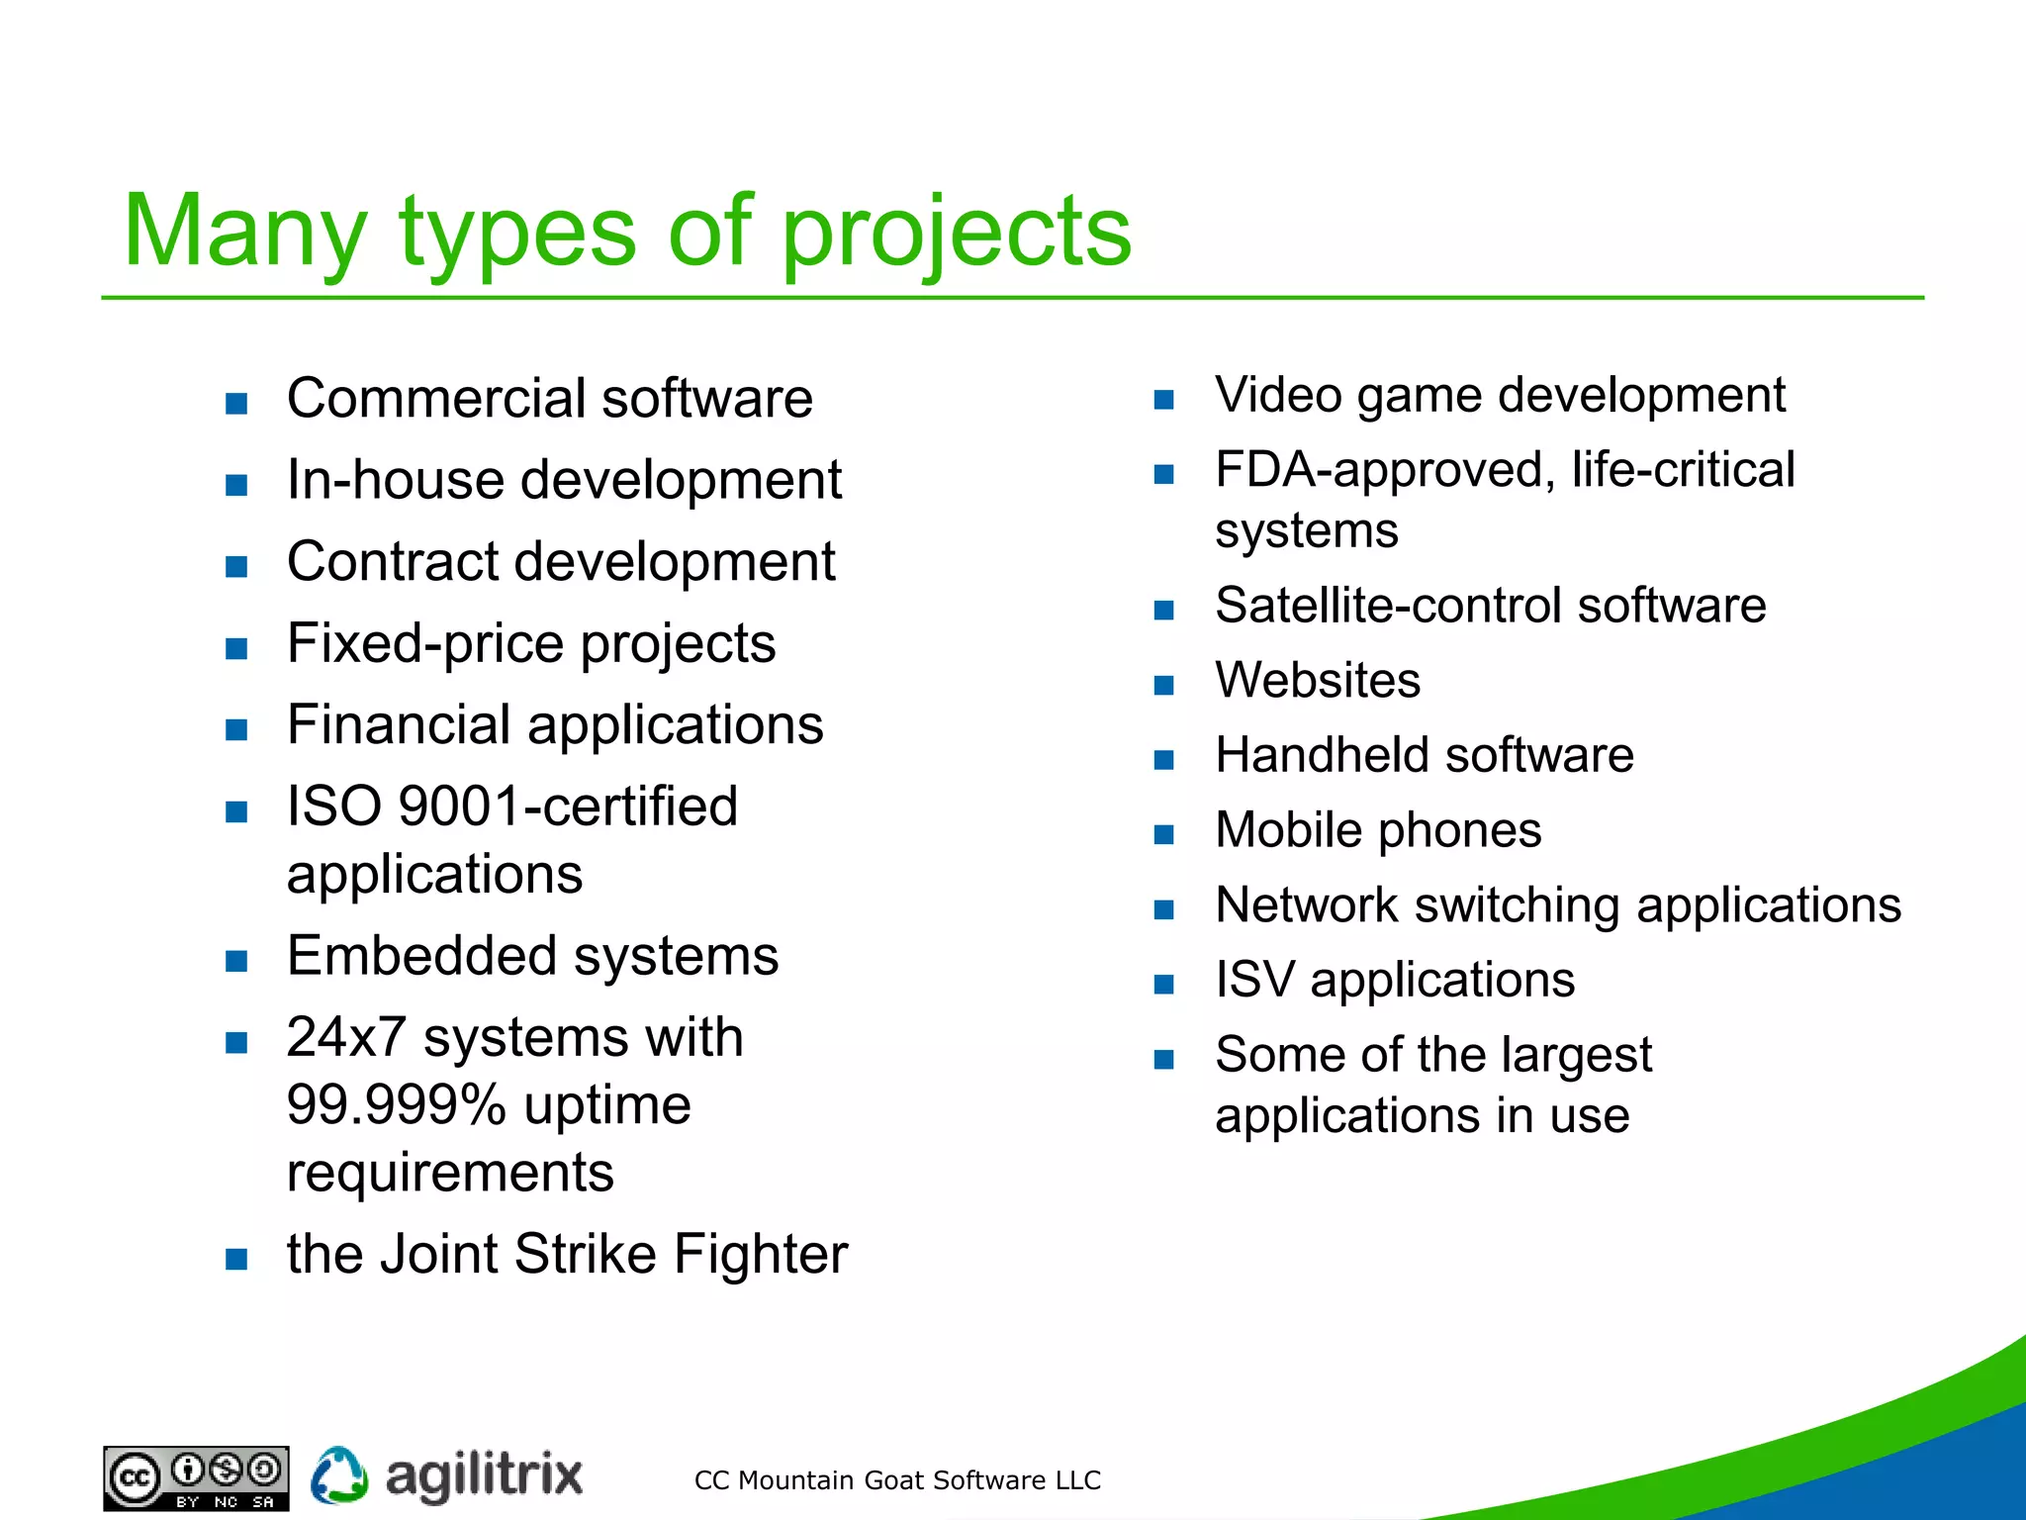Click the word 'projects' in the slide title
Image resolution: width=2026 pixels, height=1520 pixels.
coord(956,235)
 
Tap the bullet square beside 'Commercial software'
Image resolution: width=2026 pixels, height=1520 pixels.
coord(236,404)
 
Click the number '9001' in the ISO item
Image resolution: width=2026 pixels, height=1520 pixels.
coord(458,807)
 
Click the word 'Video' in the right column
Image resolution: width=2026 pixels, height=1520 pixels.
coord(1277,396)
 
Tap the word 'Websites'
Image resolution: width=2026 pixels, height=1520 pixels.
coord(1318,681)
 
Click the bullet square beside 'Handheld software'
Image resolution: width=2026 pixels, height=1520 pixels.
coord(1164,760)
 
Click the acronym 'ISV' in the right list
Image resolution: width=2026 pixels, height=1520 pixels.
coord(1253,981)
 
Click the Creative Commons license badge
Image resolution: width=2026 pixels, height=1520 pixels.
coord(196,1478)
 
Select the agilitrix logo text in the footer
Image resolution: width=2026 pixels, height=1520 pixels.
coord(483,1476)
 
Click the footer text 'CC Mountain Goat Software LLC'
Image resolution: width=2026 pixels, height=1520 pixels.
coord(896,1480)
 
